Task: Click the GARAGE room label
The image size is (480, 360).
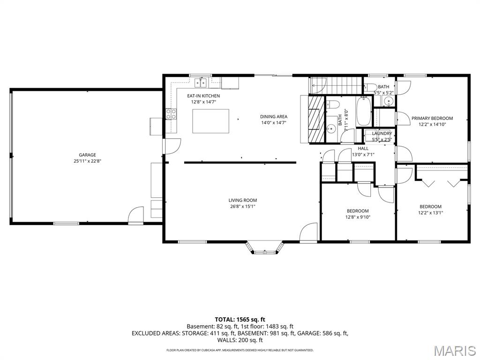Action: coord(87,155)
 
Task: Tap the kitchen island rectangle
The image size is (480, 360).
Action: coord(211,121)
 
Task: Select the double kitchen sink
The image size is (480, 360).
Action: coord(202,83)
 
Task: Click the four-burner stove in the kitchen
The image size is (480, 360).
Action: coord(171,113)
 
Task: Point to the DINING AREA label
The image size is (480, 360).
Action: coord(274,117)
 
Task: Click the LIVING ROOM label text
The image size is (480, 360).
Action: coord(243,200)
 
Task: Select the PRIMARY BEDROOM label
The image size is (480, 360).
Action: coord(432,118)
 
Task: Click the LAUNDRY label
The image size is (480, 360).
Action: coord(382,134)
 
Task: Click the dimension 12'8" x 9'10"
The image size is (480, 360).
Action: coord(358,217)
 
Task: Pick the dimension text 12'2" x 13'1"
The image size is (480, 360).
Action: coord(430,213)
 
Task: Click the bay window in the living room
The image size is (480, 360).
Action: coord(266,248)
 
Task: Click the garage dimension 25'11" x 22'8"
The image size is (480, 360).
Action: coord(87,161)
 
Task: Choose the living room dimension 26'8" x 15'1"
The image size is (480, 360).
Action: coord(243,206)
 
